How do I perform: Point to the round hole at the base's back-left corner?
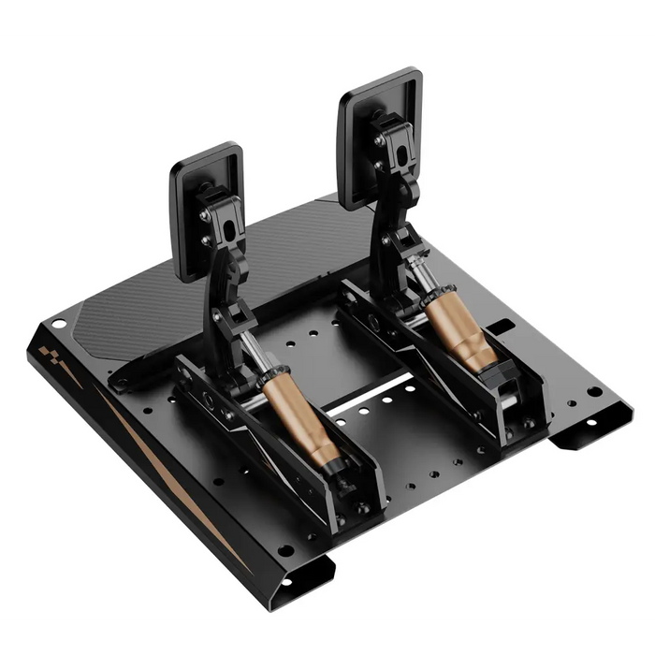59,324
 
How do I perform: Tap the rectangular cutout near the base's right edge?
501,327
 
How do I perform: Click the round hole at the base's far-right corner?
593,390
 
